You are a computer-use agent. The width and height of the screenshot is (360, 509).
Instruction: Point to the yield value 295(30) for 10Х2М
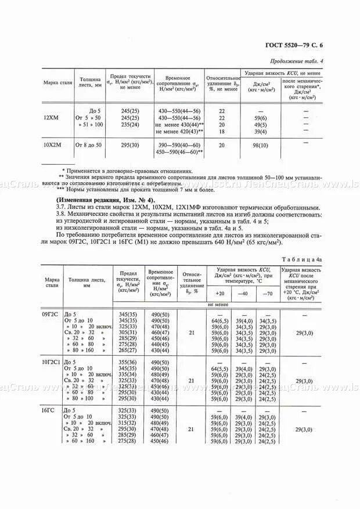click(131, 145)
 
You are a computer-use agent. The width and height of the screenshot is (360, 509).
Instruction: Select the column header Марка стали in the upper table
click(58, 83)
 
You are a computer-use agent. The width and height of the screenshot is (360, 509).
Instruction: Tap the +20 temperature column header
click(219, 293)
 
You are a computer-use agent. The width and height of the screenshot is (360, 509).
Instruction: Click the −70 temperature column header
click(267, 293)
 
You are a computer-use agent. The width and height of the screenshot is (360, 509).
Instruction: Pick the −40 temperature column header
click(244, 293)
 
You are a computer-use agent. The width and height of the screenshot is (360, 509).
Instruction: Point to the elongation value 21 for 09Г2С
click(192, 333)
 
